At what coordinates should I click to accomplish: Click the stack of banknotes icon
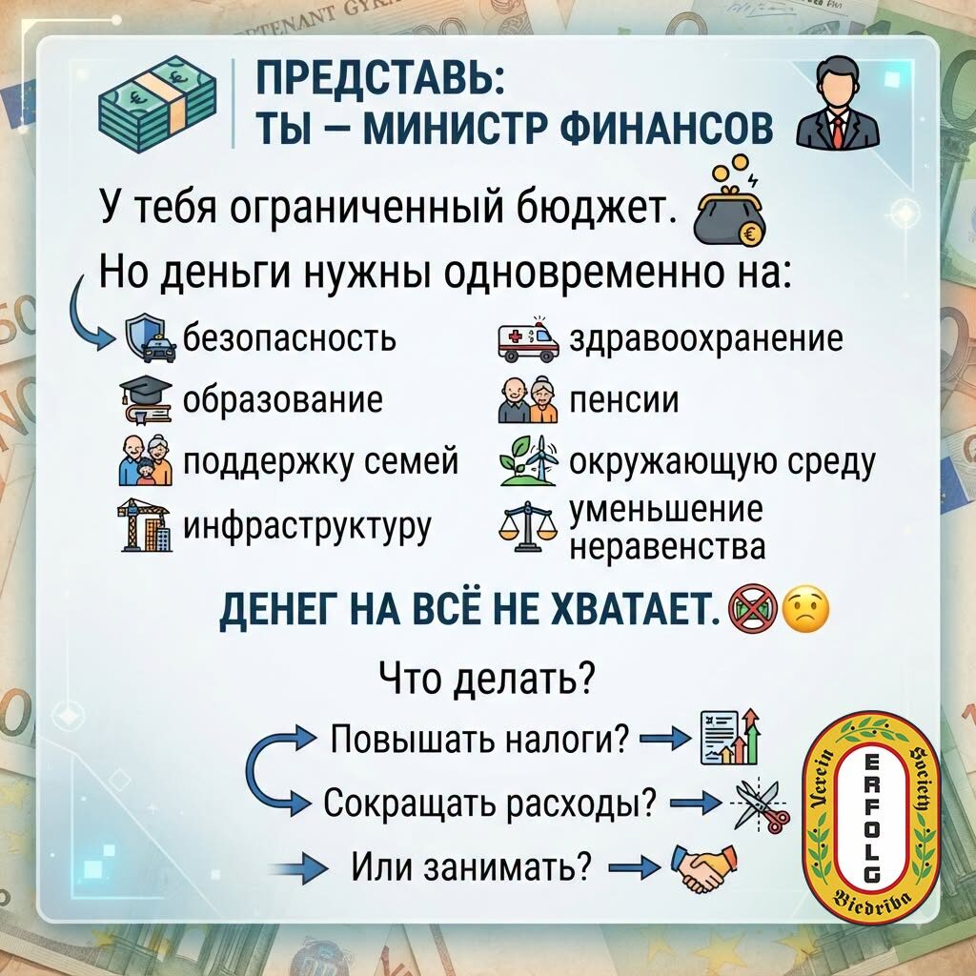pos(157,103)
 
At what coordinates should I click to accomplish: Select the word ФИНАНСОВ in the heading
pos(666,129)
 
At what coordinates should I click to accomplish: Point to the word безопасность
pos(290,338)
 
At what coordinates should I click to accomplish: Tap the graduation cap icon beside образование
pos(146,399)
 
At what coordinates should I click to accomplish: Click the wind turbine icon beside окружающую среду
pos(528,460)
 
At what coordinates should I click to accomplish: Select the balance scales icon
pos(527,526)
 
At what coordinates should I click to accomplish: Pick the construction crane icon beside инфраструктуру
pos(145,525)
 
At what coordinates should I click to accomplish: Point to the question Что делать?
pos(487,680)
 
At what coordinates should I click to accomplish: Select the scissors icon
pos(760,805)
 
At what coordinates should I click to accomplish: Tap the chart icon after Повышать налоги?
pos(729,737)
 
